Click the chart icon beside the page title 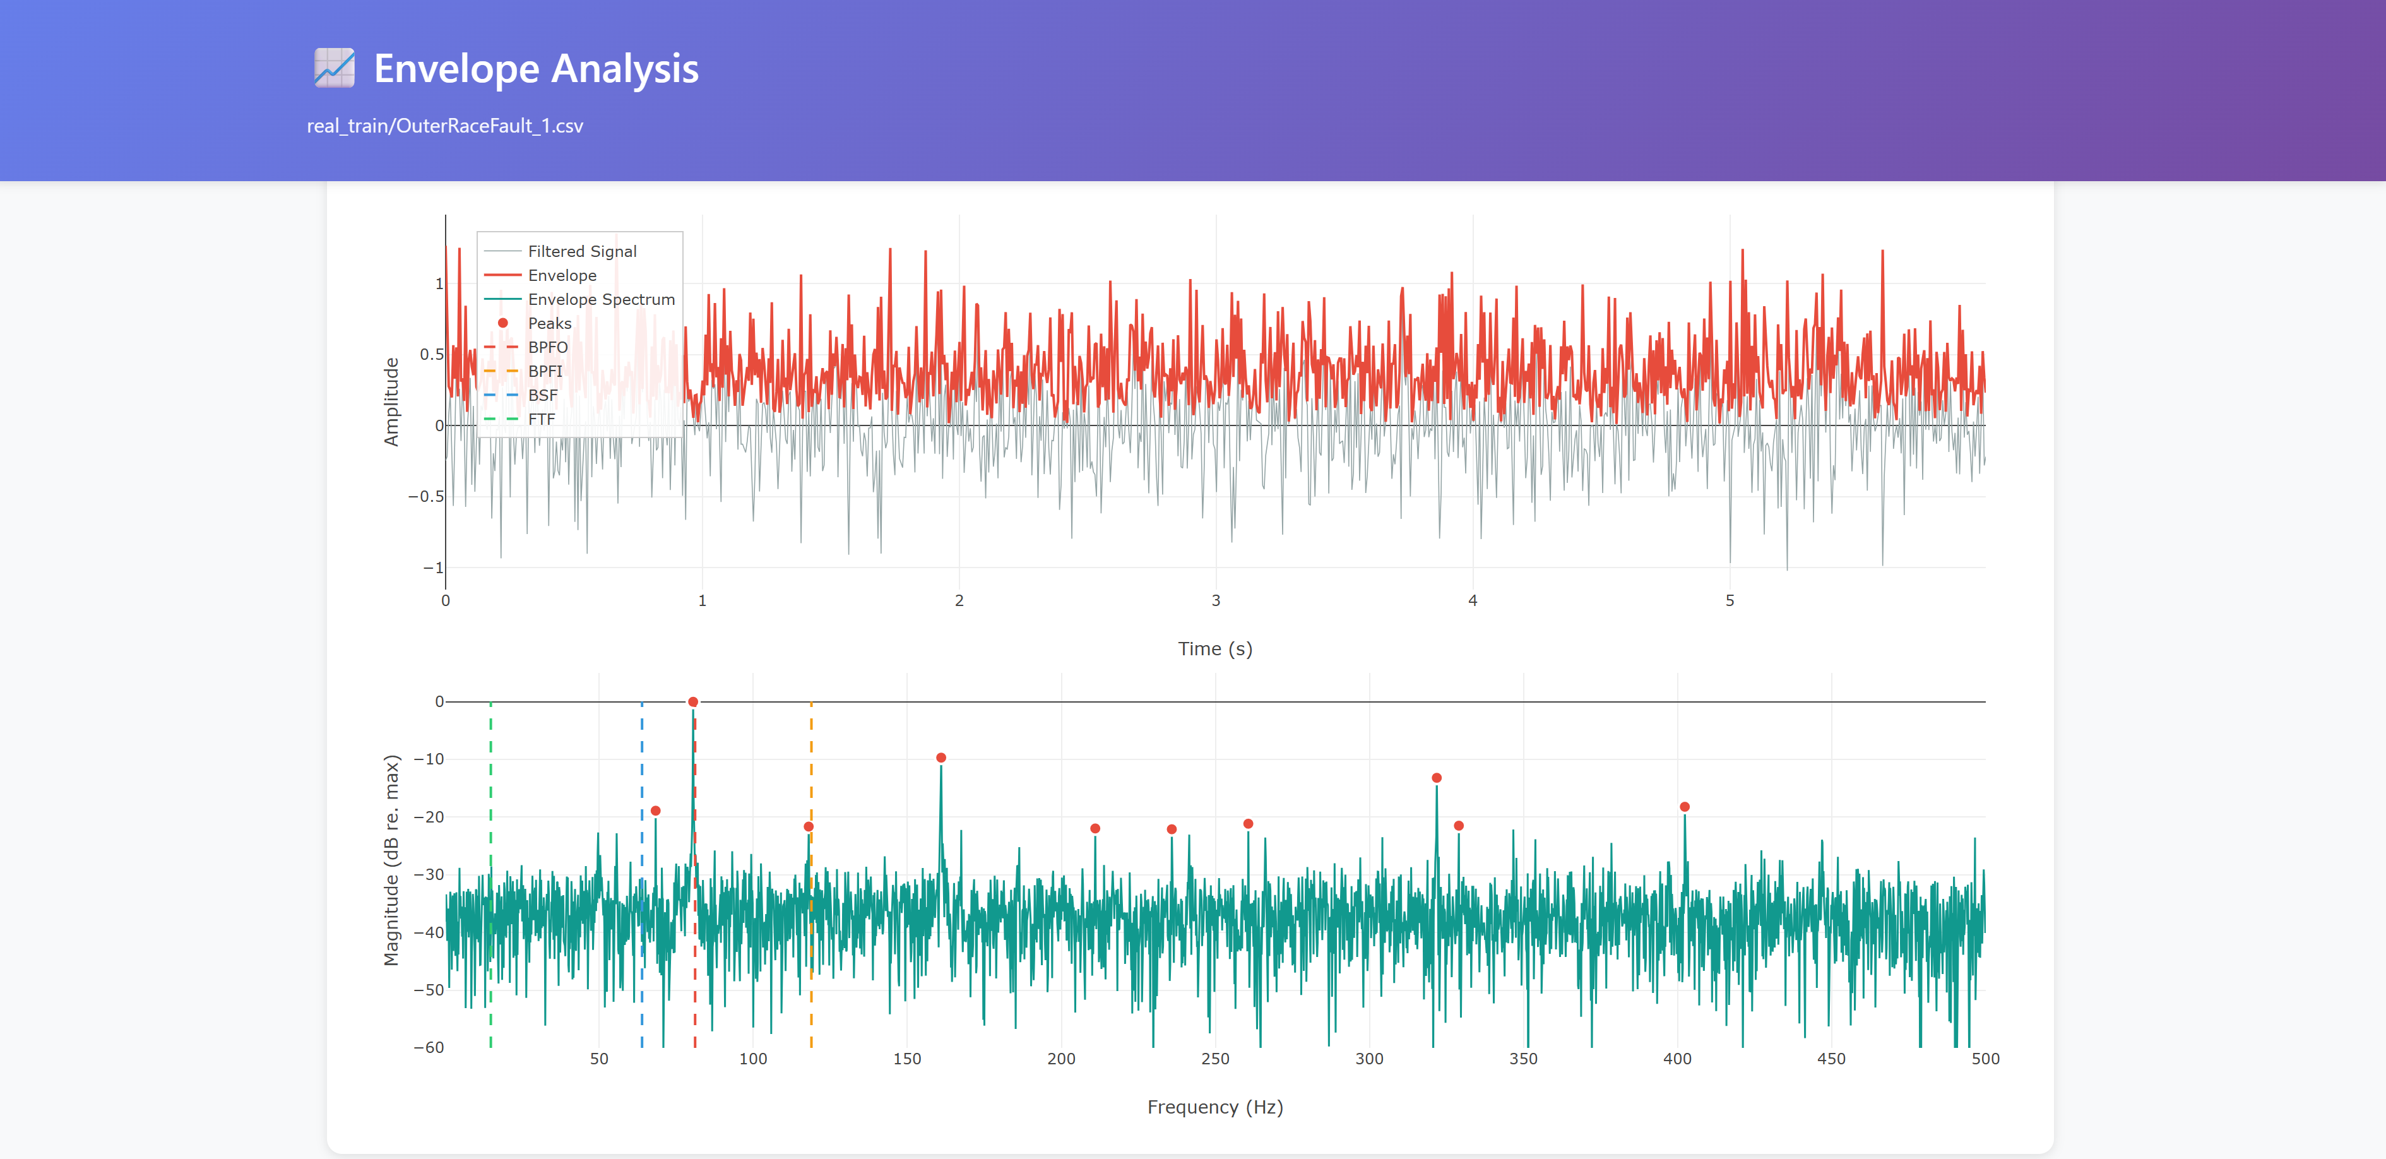click(335, 69)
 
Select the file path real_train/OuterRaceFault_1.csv click(444, 126)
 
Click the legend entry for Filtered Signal click(582, 251)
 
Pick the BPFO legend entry click(547, 347)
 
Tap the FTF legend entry click(541, 420)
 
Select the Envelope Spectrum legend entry click(600, 299)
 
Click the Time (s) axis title click(1214, 648)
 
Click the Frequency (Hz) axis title click(1214, 1107)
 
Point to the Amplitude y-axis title click(391, 402)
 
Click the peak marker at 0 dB click(693, 702)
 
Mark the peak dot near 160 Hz click(941, 758)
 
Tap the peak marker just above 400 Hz click(1684, 807)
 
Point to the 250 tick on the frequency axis click(1214, 1059)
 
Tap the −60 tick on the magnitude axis click(428, 1048)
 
